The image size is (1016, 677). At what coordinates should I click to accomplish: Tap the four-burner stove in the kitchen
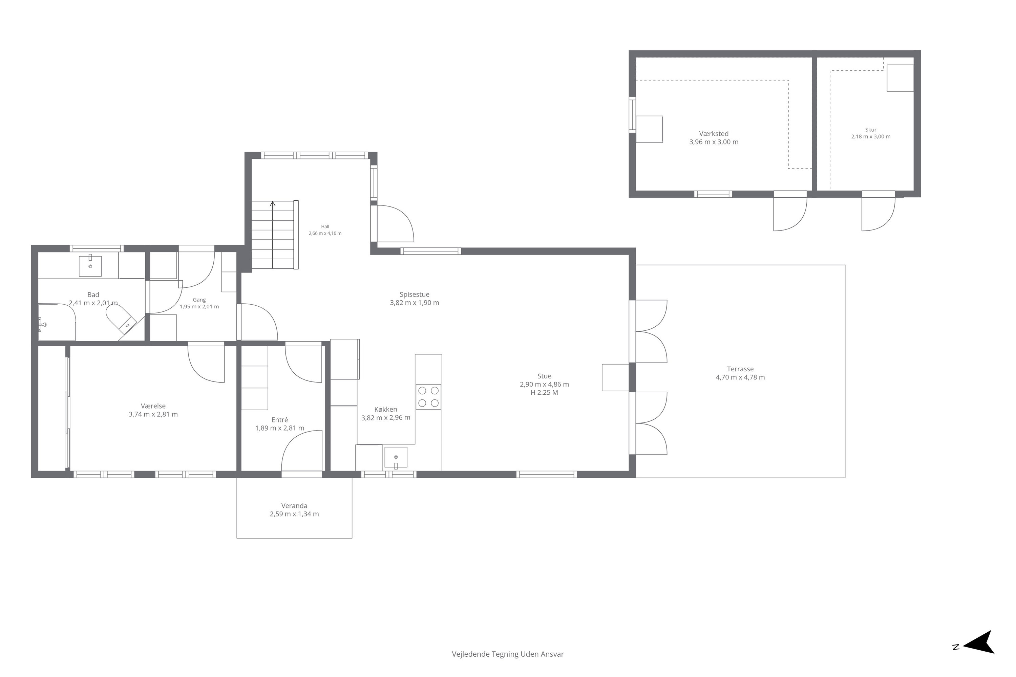tap(428, 397)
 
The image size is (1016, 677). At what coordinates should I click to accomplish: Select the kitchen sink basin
tap(396, 457)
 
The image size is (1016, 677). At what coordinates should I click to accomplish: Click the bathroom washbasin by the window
tap(90, 266)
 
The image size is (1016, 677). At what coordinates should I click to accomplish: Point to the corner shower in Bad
tap(57, 322)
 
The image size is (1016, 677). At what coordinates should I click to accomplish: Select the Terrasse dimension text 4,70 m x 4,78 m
tap(740, 377)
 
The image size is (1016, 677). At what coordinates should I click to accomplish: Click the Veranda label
tap(294, 506)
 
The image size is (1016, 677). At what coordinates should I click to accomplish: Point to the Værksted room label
tap(714, 134)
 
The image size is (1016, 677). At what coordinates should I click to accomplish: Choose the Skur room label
tap(871, 130)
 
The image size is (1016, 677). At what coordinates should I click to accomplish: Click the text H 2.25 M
tap(544, 392)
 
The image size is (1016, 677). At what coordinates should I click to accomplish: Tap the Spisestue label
tap(414, 294)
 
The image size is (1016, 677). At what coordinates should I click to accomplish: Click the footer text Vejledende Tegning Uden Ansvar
tap(508, 654)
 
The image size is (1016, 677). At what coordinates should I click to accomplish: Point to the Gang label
tap(199, 300)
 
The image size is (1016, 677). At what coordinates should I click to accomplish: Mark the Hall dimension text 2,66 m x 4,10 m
tap(325, 233)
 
